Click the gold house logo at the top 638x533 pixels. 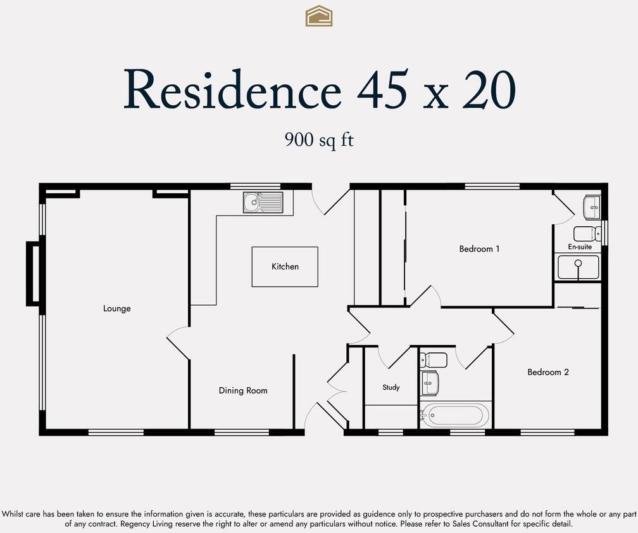[319, 16]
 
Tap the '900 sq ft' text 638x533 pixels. [319, 139]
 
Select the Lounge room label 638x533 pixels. [117, 309]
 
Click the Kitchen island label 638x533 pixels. [285, 267]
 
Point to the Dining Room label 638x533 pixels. [243, 390]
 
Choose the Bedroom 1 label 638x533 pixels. [479, 249]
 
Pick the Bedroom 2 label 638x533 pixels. [548, 372]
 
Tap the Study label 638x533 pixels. [391, 387]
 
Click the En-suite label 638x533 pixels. [580, 247]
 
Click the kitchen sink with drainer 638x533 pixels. [263, 203]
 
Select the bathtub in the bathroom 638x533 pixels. [456, 416]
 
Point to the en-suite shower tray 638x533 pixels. [578, 267]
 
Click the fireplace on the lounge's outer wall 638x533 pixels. [33, 274]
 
